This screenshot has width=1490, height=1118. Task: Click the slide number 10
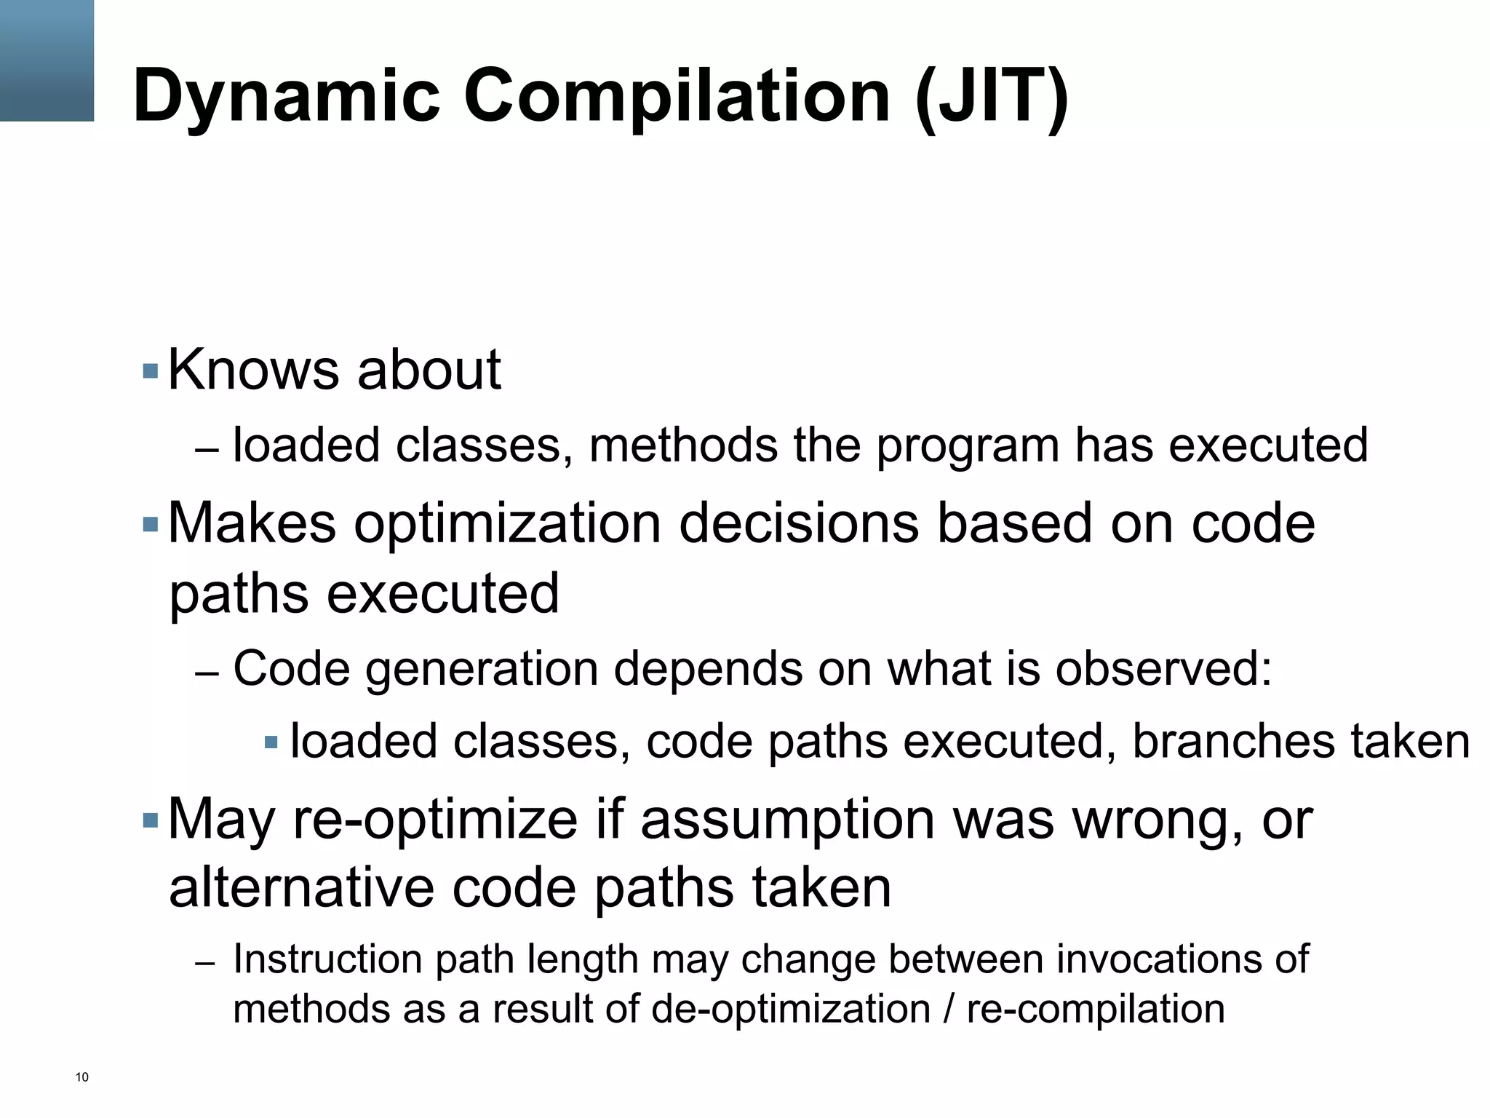[x=81, y=1077]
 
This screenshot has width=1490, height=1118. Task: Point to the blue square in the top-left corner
[x=47, y=60]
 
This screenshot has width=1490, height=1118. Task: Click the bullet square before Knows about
[x=151, y=371]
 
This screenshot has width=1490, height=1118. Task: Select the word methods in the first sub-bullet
[x=683, y=445]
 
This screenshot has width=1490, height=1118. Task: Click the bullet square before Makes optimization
[x=151, y=524]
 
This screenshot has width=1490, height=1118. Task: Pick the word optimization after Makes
[x=507, y=524]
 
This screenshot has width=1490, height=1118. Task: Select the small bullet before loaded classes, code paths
[x=271, y=742]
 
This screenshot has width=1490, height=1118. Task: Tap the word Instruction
[x=327, y=959]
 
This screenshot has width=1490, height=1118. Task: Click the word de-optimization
[x=791, y=1010]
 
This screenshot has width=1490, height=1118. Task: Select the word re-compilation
[x=1096, y=1010]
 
